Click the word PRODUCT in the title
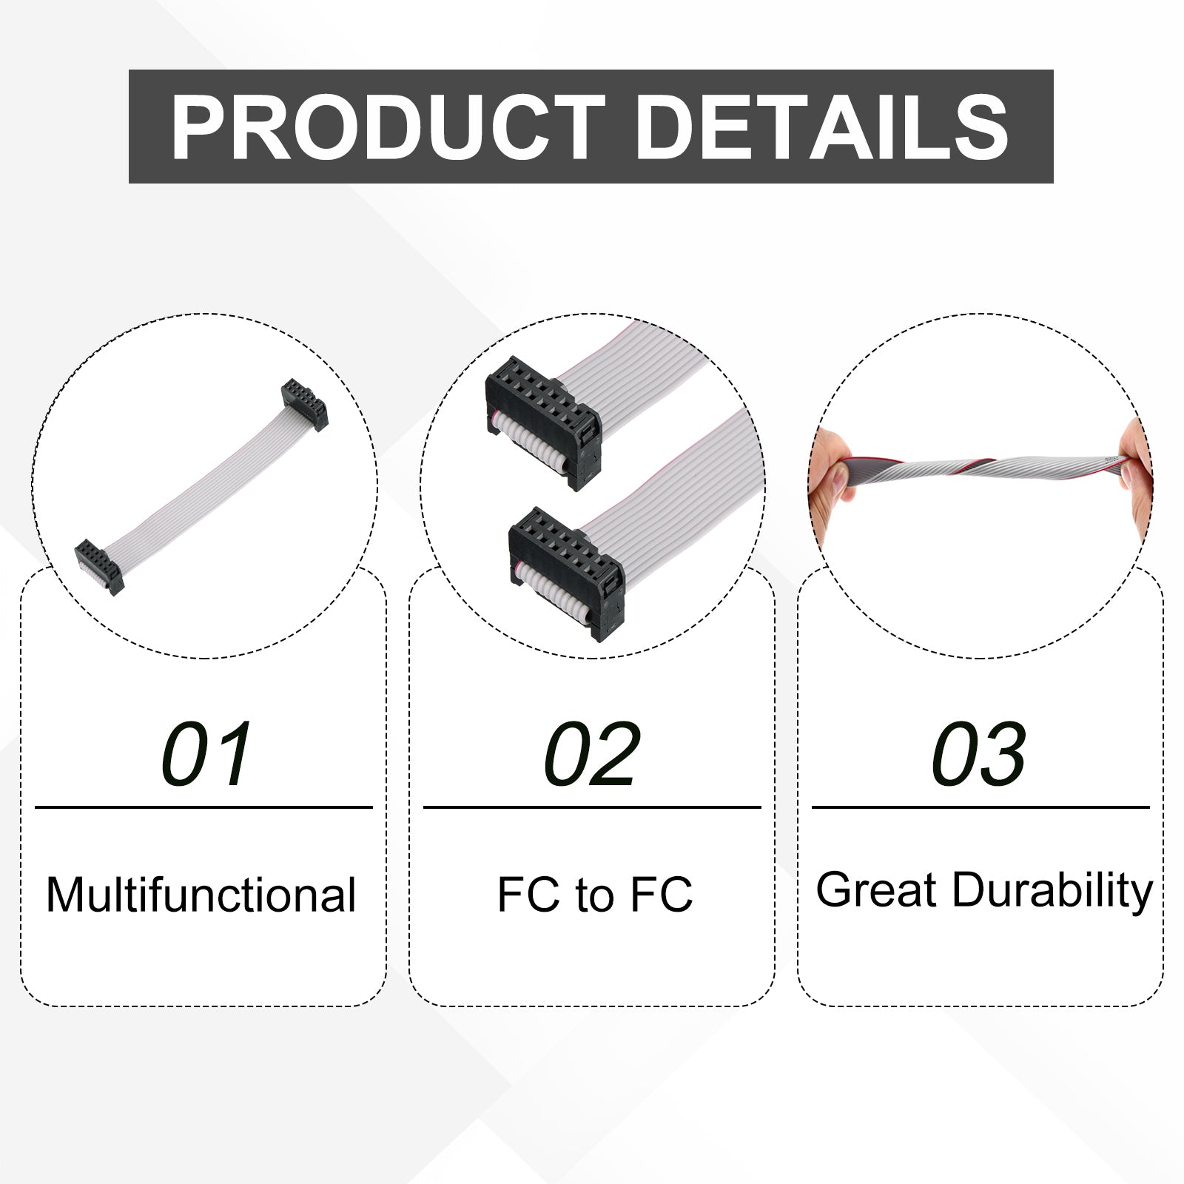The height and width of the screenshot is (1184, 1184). point(387,127)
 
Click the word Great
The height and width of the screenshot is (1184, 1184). point(877,889)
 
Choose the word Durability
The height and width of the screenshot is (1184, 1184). point(1052,891)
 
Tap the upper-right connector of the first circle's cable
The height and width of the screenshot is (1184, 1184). point(304,405)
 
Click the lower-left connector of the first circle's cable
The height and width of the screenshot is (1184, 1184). point(99,567)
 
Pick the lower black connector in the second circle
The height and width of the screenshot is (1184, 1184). point(566,573)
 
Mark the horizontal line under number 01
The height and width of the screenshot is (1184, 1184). point(203,807)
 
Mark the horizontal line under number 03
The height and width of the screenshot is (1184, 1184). point(980,807)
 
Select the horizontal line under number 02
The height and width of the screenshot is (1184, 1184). point(592,807)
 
